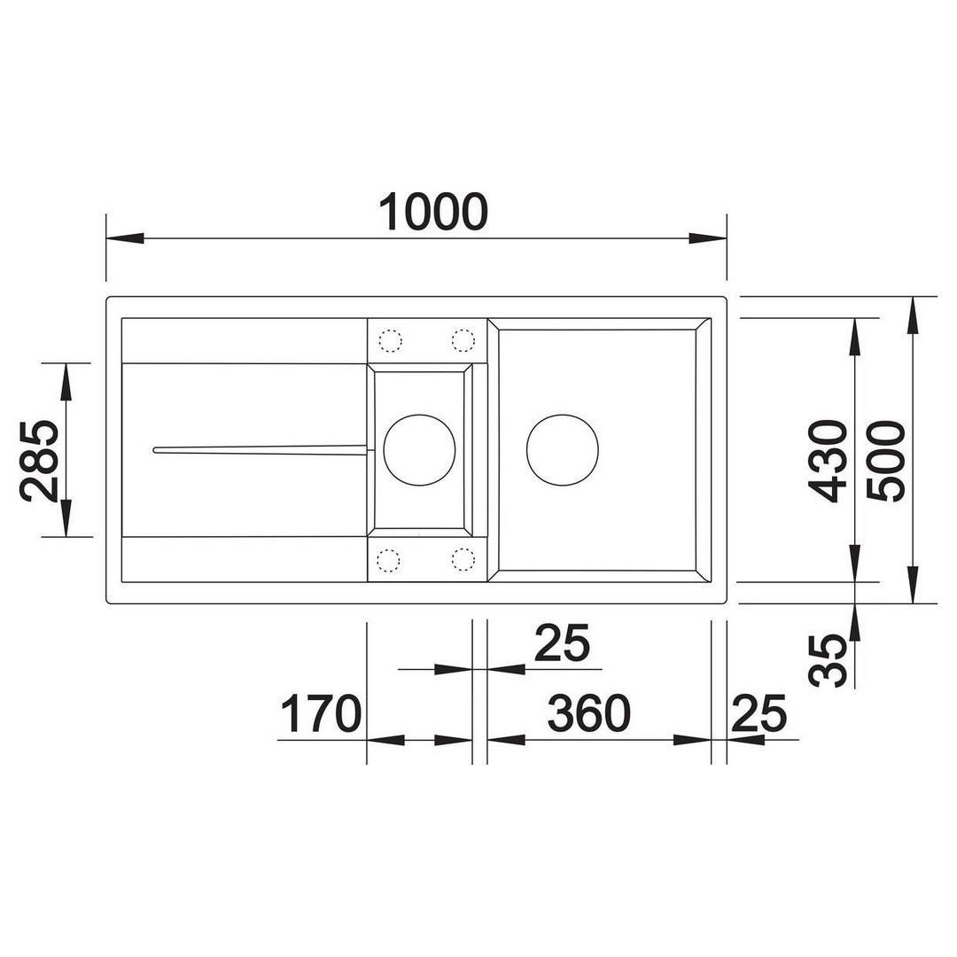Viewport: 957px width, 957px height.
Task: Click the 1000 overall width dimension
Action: coord(433,212)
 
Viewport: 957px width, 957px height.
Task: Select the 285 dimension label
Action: coord(40,460)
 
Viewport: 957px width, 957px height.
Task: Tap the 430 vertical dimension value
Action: coord(827,461)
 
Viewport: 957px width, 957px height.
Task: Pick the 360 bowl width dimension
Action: coord(588,713)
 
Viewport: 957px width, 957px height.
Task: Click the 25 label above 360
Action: coord(562,642)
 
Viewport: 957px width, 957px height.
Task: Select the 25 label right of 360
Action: coord(759,713)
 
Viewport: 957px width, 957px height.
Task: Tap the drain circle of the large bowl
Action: coord(562,450)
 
